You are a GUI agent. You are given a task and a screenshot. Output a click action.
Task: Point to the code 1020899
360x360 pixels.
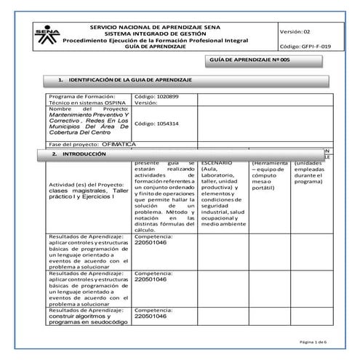click(x=157, y=97)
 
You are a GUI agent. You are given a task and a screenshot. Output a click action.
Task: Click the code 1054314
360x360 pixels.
click(x=157, y=124)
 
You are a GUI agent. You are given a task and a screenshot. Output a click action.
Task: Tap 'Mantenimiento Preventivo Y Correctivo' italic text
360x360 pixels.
click(x=88, y=121)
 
